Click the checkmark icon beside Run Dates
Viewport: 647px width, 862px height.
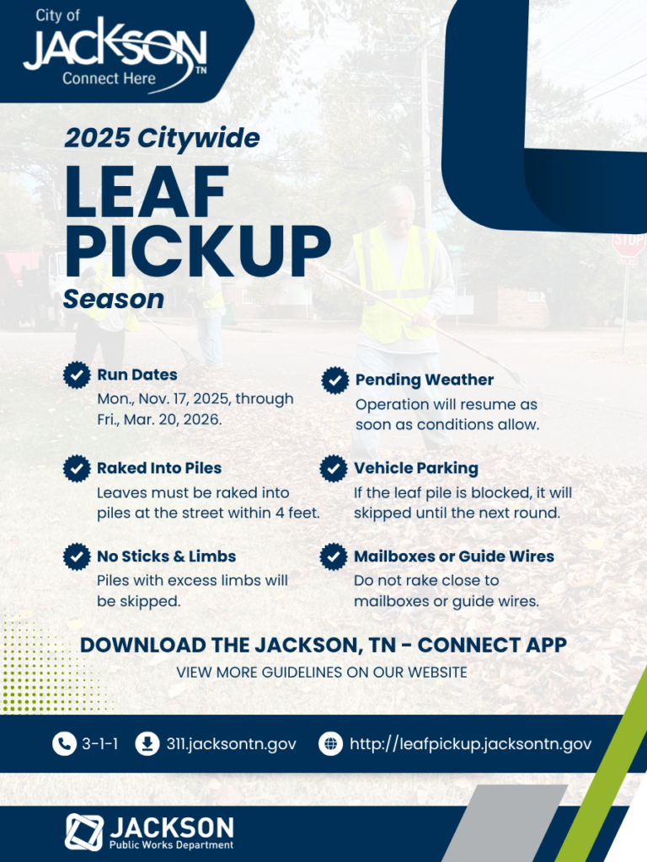click(x=78, y=375)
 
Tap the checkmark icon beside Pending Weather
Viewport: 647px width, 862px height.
click(x=335, y=380)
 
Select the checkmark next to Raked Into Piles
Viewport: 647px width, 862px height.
click(x=78, y=468)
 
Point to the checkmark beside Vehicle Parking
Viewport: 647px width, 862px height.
click(x=334, y=468)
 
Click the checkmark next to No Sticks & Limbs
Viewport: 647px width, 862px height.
click(x=78, y=556)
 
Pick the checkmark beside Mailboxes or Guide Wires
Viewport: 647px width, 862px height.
click(x=334, y=556)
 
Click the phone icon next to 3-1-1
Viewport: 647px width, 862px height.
click(x=64, y=744)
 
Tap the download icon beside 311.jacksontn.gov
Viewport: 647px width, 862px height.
click(x=147, y=744)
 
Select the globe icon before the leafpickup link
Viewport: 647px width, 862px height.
click(x=330, y=744)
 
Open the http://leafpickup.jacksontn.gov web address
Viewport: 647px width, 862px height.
click(x=470, y=744)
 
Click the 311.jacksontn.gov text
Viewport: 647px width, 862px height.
click(x=231, y=744)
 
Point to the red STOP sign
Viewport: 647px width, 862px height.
click(x=628, y=245)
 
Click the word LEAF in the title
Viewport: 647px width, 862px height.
click(x=147, y=193)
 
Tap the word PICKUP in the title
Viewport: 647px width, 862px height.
click(x=197, y=250)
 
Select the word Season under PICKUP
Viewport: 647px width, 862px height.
click(x=114, y=299)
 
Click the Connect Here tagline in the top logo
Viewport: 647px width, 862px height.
click(x=109, y=78)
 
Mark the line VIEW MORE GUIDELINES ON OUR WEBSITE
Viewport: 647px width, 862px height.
click(x=322, y=673)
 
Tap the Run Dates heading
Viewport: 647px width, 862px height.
click(x=137, y=375)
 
